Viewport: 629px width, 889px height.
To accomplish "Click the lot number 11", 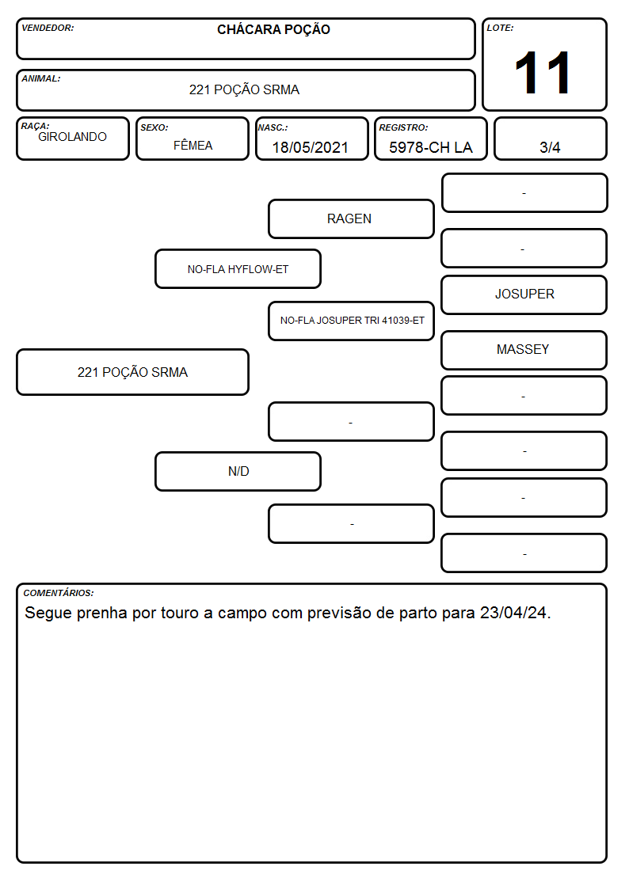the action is tap(542, 73).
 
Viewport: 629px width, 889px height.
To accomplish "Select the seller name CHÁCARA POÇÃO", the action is tap(273, 29).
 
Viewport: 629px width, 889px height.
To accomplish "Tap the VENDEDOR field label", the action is tap(48, 28).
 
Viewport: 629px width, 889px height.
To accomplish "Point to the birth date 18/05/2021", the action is tap(311, 147).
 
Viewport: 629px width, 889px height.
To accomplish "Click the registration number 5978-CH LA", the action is tap(430, 147).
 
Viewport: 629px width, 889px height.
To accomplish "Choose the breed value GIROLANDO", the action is tap(73, 137).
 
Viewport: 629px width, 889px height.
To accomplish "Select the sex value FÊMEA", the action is tap(193, 145).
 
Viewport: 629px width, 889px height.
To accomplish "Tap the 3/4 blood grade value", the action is tap(550, 147).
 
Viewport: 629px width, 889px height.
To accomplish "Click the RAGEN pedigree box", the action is tap(351, 218).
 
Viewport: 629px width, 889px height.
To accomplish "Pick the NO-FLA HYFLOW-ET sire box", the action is tap(238, 268).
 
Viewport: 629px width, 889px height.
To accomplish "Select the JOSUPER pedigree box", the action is tap(524, 294).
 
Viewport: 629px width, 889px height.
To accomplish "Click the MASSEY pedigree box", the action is tap(524, 350).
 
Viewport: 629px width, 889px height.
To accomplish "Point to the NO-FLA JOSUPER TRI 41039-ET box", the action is tap(351, 321).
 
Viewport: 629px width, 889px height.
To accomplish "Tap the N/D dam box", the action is tap(238, 471).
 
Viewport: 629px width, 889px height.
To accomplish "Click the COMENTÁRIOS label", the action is tap(59, 593).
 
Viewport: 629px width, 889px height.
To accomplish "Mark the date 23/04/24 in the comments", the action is tap(513, 613).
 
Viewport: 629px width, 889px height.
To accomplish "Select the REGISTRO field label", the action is tap(403, 127).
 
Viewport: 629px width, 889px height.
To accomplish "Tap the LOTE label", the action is tap(500, 28).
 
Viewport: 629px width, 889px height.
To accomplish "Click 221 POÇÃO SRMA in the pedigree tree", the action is tap(133, 372).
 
